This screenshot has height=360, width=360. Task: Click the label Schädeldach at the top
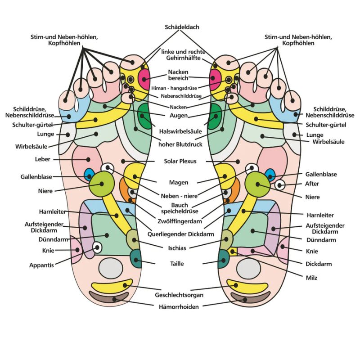182,27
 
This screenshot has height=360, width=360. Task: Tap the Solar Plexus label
180,161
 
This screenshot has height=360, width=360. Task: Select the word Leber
43,159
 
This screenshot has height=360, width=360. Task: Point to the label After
312,184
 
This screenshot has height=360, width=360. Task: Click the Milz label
311,278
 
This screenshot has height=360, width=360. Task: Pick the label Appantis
42,265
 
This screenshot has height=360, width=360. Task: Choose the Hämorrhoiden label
179,306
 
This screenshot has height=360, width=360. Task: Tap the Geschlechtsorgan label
179,295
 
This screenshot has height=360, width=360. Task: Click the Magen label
178,182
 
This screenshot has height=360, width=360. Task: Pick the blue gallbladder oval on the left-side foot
89,174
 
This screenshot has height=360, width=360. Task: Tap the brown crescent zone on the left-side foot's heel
110,297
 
